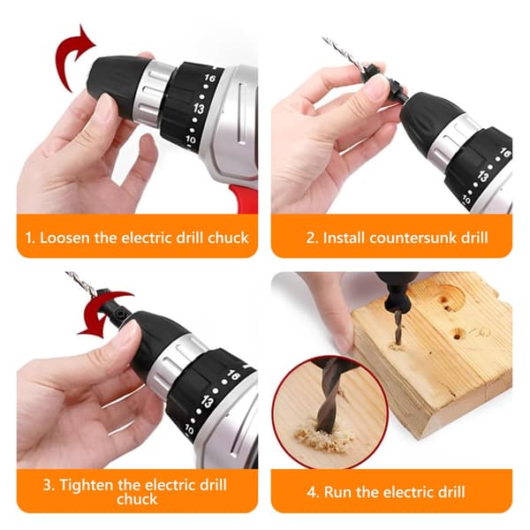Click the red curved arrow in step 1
point(68,57)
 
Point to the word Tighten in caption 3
point(87,485)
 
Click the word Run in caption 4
point(337,492)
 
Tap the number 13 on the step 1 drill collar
point(199,108)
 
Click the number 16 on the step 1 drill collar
point(209,78)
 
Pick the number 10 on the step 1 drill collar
point(190,139)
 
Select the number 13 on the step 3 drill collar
point(208,402)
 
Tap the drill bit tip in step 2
point(323,38)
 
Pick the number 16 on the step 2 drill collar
point(504,153)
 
